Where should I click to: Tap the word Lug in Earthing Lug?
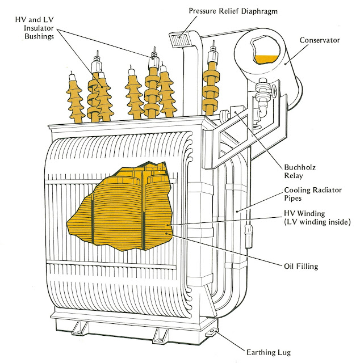tap(283, 352)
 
